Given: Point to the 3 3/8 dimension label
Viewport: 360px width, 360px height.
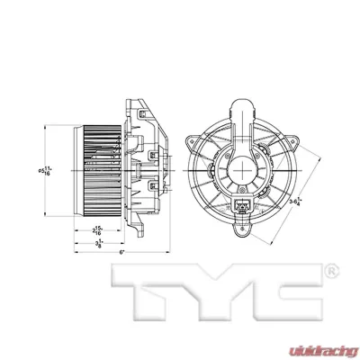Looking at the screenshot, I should pos(98,242).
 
